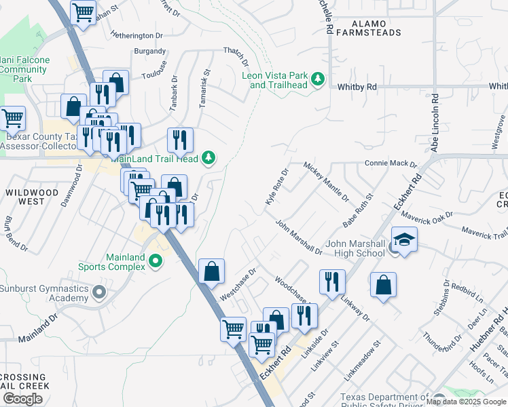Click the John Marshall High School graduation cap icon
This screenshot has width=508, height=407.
coord(405,240)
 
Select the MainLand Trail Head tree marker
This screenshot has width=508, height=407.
coord(209,159)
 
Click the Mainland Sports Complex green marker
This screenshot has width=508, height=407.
coord(156,260)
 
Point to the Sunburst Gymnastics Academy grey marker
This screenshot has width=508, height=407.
coord(100,293)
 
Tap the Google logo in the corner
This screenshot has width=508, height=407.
coord(23,399)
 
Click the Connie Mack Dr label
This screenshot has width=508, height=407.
coord(391,163)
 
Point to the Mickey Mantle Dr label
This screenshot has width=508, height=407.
coord(326,182)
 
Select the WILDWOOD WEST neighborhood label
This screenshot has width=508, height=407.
coord(32,197)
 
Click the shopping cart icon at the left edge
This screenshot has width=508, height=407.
coord(12,118)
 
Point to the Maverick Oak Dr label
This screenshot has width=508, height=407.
coord(446,217)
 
